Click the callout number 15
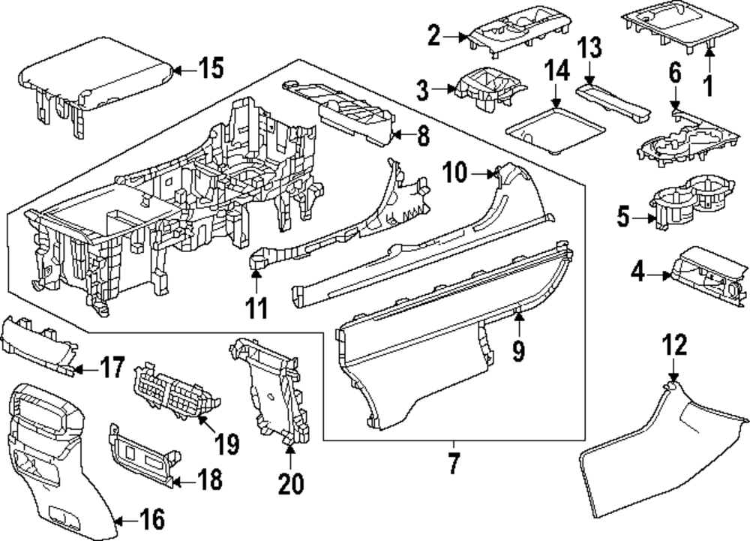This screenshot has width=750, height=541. point(210,69)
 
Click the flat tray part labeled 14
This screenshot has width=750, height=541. point(555,128)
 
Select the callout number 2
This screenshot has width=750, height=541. point(433,35)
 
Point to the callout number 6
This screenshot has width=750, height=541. point(674,74)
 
